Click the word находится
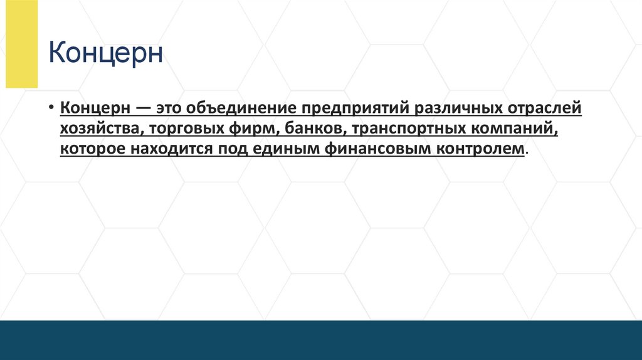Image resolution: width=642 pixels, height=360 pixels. (169, 149)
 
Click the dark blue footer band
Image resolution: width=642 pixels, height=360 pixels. (321, 340)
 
